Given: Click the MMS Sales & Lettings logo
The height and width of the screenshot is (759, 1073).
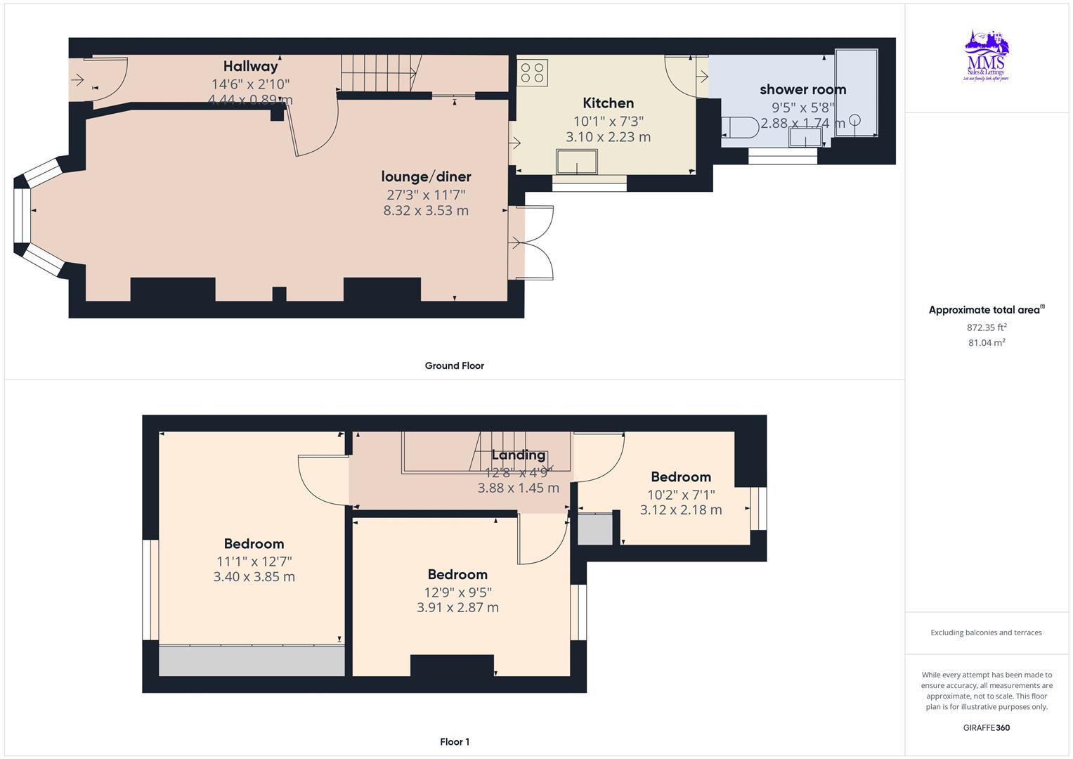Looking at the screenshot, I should [x=986, y=56].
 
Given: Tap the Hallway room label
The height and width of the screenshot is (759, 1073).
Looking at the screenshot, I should [x=250, y=67].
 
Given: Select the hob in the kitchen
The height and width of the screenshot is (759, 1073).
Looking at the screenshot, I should [x=533, y=72].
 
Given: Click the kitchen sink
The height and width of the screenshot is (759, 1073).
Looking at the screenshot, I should [x=577, y=162].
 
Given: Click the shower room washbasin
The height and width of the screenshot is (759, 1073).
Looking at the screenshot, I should [x=805, y=138].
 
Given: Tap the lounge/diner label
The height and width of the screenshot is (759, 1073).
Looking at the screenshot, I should [x=426, y=176].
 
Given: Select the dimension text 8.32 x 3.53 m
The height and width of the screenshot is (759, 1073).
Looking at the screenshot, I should [x=426, y=210].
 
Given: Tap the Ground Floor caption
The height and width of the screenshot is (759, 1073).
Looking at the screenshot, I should [x=454, y=365].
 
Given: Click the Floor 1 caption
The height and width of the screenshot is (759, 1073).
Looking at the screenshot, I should [x=454, y=741].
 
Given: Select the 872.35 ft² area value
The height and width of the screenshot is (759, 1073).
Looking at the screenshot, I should [x=987, y=327].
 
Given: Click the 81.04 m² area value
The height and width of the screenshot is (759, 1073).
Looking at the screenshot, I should [x=987, y=343].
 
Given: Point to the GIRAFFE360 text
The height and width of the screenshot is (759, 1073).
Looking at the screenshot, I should [x=986, y=727].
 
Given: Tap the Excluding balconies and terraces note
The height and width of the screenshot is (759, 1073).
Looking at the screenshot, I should [x=986, y=632].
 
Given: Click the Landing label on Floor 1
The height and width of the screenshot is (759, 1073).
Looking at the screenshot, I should [x=518, y=455].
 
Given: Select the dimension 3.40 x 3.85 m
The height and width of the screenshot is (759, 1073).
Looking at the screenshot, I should [x=254, y=577].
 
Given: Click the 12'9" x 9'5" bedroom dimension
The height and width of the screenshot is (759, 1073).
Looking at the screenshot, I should [x=457, y=592].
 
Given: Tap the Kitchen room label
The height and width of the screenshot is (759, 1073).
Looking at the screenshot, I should [x=608, y=103].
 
